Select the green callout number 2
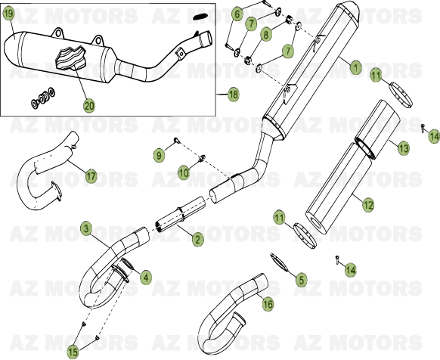(197, 240)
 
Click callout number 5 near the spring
(301, 280)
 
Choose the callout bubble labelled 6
(237, 14)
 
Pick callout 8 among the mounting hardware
(265, 34)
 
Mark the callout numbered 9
(158, 155)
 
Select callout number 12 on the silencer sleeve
(367, 203)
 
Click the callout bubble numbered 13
(403, 149)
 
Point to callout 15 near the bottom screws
(73, 351)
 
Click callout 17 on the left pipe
(91, 176)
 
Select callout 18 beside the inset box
(232, 95)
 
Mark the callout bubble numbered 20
(89, 107)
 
